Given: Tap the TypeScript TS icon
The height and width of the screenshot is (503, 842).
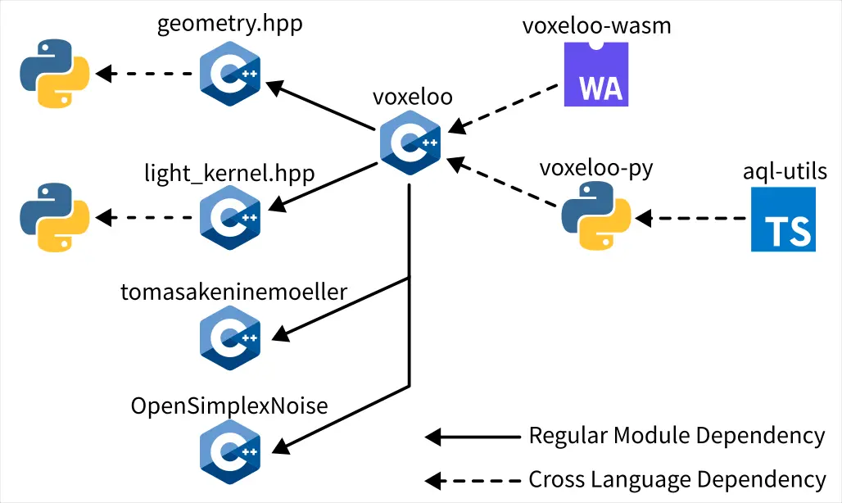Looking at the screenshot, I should click(x=783, y=219).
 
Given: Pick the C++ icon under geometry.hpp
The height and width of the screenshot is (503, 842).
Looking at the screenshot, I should click(x=230, y=75).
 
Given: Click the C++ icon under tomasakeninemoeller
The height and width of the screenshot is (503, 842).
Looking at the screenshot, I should click(x=230, y=337).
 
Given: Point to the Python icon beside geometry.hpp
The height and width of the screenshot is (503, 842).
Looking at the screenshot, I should click(x=54, y=75).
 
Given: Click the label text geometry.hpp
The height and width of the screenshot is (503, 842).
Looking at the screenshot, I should click(x=230, y=24).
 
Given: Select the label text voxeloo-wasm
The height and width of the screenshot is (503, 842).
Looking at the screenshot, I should click(x=596, y=25).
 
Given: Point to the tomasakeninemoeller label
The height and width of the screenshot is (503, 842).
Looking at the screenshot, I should click(x=234, y=292).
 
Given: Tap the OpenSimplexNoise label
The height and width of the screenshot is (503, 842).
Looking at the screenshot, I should click(x=230, y=406).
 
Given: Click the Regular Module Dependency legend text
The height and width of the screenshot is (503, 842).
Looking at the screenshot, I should click(x=677, y=436).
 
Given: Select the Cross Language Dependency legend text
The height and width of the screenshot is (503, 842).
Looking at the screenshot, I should click(x=677, y=479).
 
